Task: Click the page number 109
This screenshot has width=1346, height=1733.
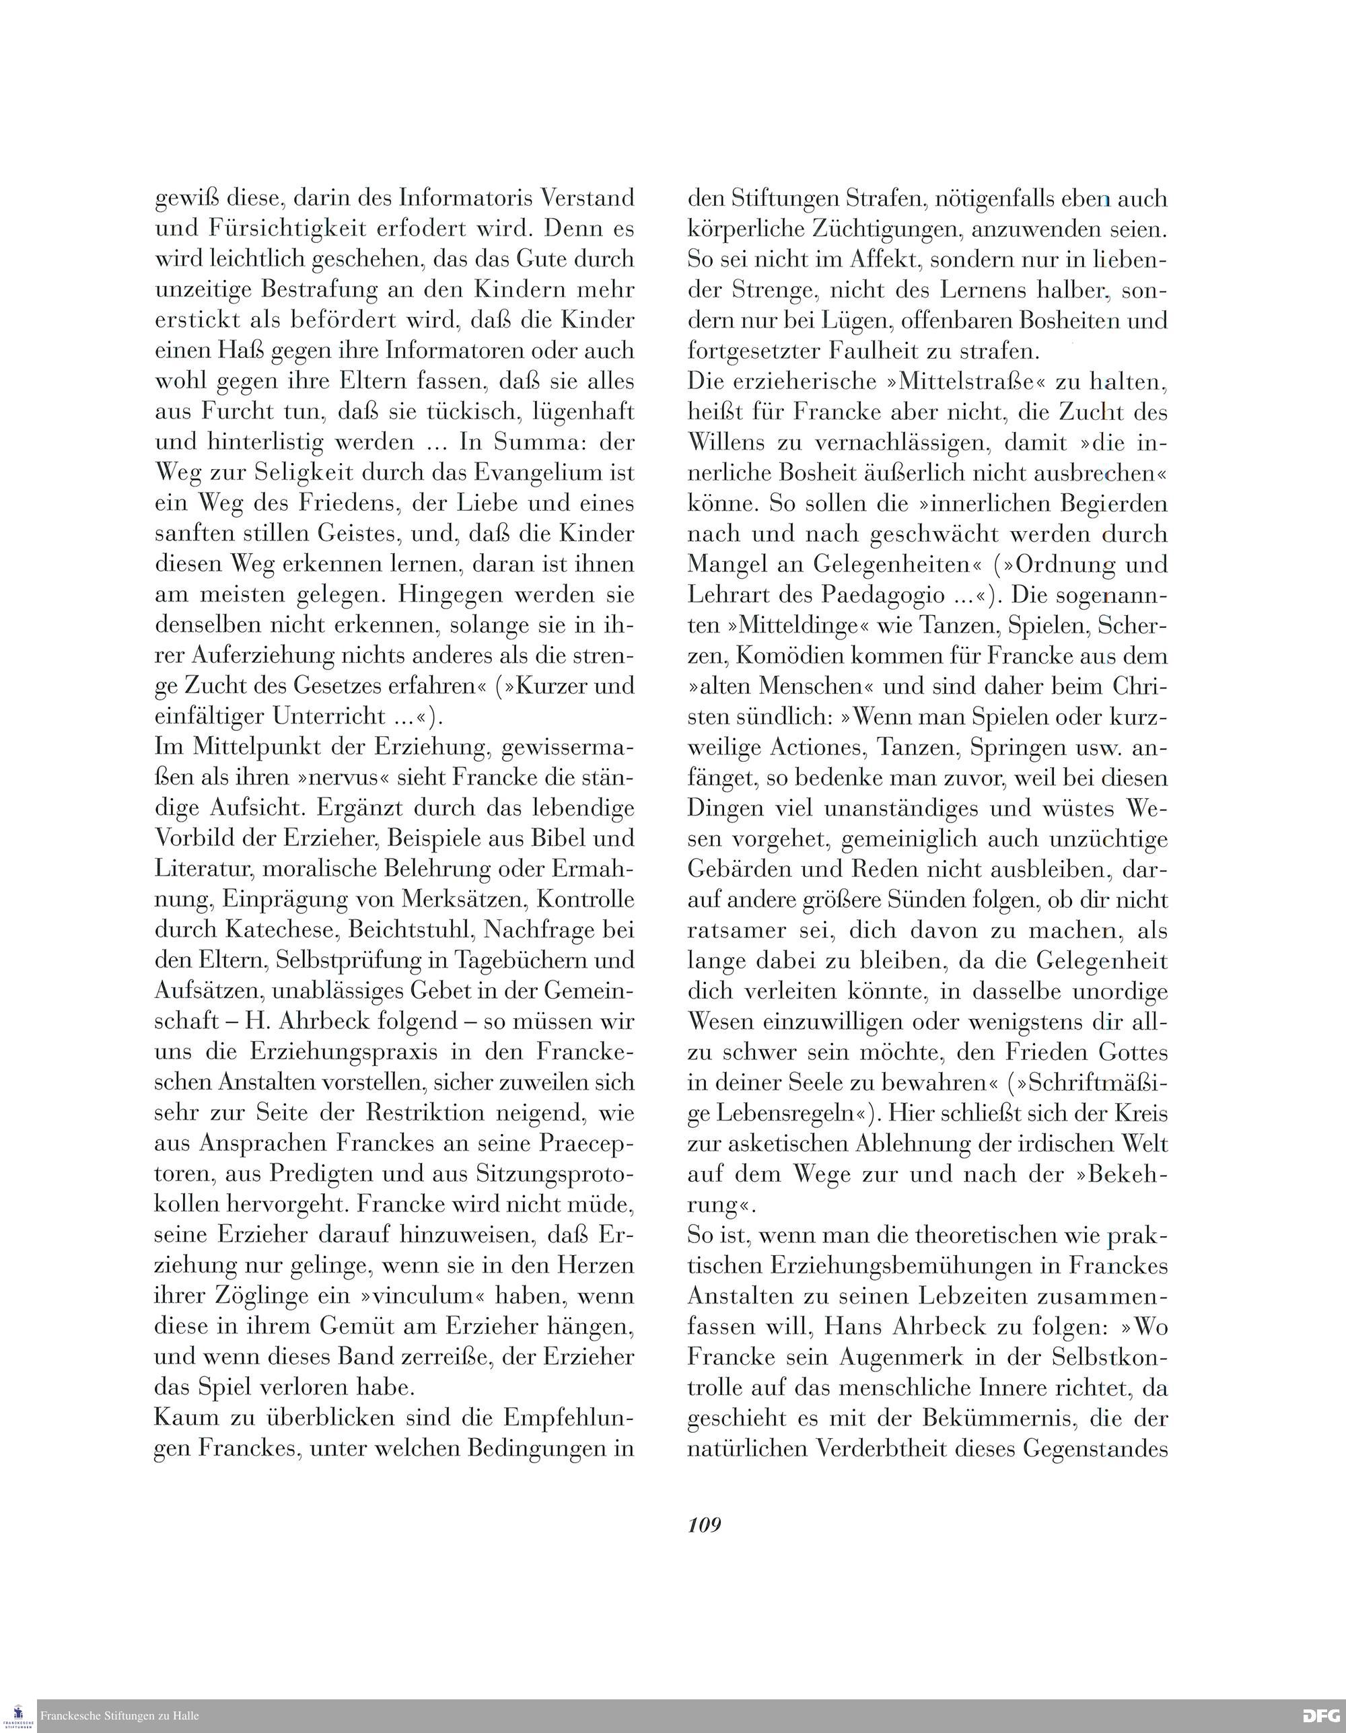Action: click(704, 1524)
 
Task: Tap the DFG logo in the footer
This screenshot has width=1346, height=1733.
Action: click(1321, 1716)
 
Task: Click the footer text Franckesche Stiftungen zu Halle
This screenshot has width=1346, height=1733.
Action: click(119, 1716)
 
